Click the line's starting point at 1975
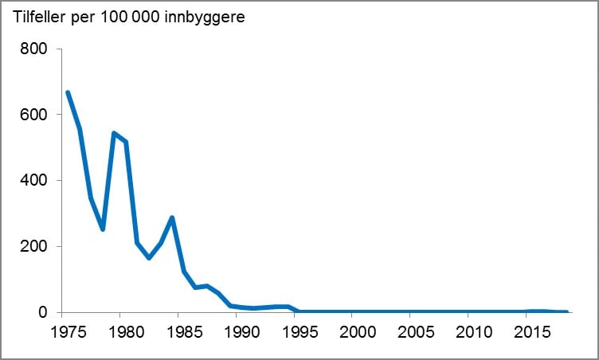point(68,92)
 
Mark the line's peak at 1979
point(114,133)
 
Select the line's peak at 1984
point(172,217)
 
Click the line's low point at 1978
point(102,229)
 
